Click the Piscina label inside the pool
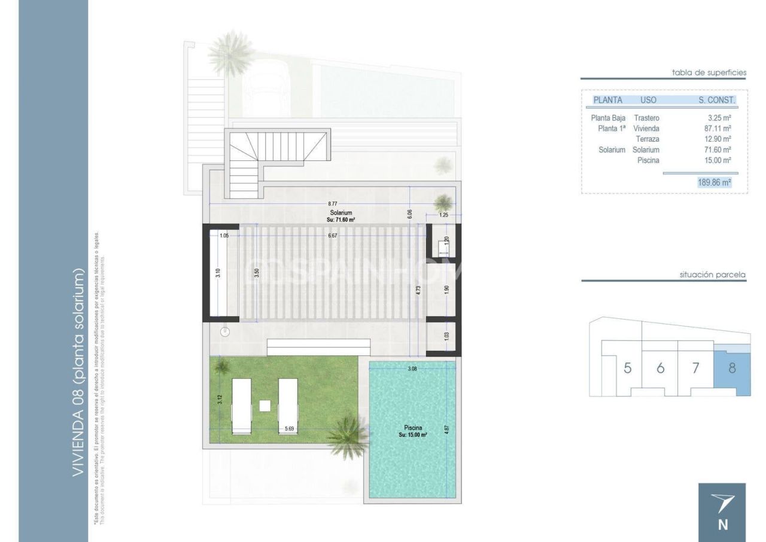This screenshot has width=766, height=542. coord(413,428)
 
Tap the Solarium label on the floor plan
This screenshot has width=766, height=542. coord(340,213)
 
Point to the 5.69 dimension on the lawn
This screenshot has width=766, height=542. coord(289,428)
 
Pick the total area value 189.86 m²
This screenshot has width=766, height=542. coord(714,182)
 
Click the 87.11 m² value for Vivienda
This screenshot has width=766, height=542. coord(718,129)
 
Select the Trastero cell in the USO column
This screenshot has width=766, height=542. coord(646,118)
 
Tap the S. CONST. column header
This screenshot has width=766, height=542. coord(716,100)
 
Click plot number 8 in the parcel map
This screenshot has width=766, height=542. coord(732,368)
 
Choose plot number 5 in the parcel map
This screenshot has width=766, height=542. coord(627,368)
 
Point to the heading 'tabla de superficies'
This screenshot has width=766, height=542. coord(709,72)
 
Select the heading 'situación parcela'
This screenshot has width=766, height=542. coord(712,275)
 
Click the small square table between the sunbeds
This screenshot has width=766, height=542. coord(265,405)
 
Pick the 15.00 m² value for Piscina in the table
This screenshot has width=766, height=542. coord(718,160)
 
